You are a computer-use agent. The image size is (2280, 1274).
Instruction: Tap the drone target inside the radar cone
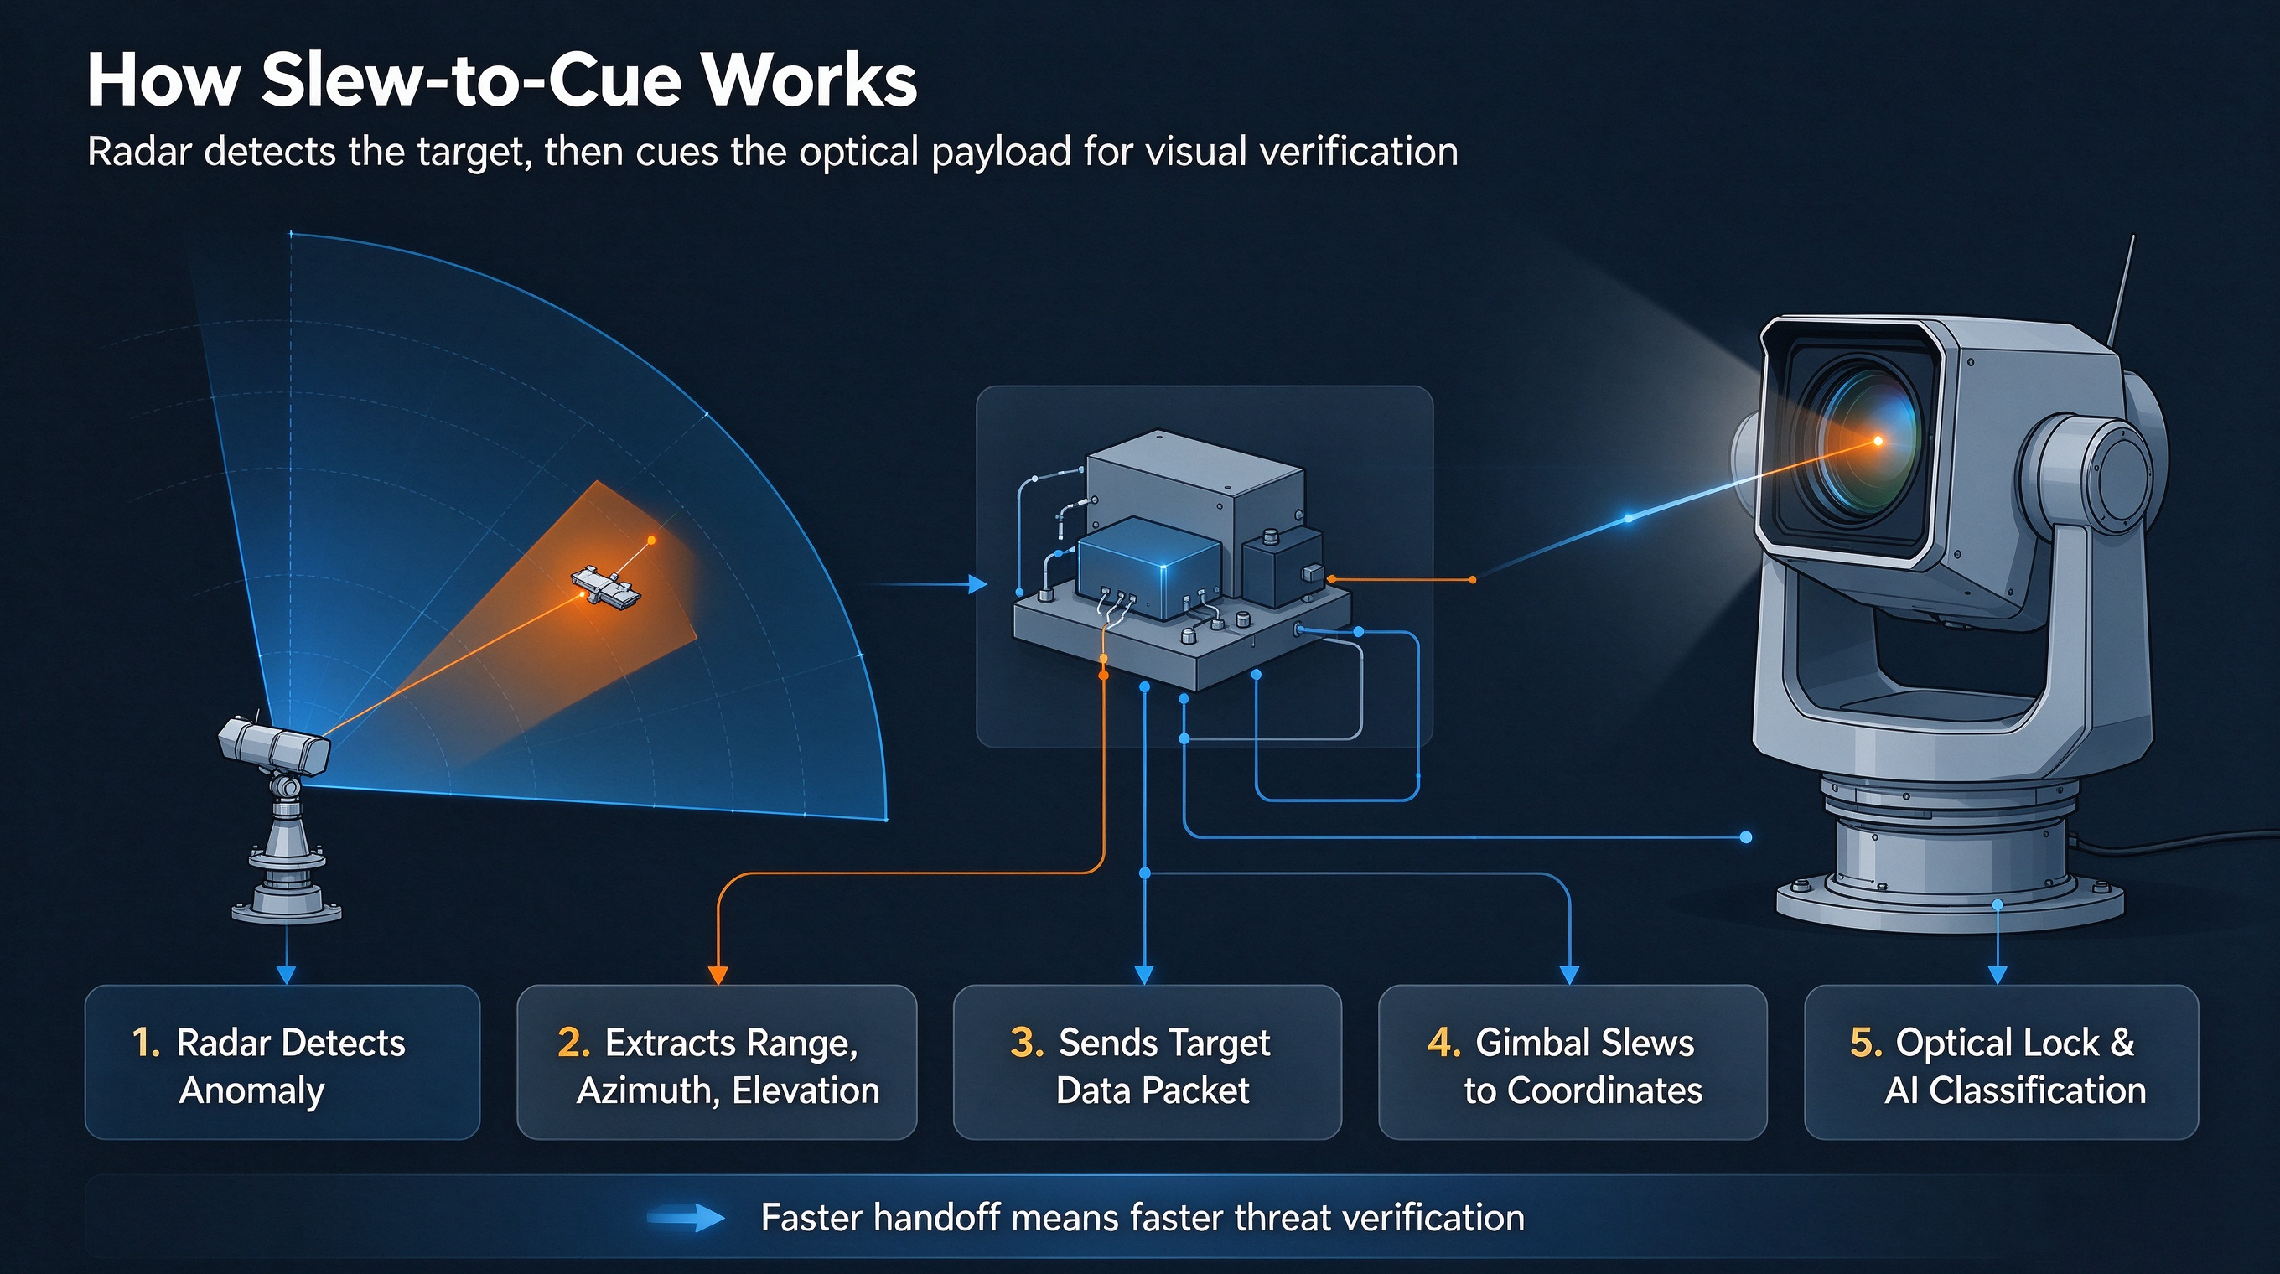606,588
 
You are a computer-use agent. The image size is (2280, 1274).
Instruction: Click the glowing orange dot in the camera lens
1878,440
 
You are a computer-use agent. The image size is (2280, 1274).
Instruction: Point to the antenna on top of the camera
2121,292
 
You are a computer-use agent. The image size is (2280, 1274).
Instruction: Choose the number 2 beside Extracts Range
573,1043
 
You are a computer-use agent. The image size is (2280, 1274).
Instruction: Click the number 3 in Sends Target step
1027,1043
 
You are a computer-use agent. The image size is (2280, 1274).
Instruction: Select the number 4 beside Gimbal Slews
1444,1043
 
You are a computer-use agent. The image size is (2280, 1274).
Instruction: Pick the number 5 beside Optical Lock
1866,1043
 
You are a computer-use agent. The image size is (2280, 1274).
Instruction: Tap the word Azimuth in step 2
648,1092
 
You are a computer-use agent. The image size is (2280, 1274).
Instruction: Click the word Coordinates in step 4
1604,1091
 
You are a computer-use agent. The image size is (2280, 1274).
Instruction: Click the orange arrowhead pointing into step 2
718,974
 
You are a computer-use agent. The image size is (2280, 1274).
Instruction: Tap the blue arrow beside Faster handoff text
686,1219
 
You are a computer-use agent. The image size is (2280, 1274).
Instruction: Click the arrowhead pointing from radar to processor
977,584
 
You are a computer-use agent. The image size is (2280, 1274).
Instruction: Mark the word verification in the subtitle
1359,153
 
